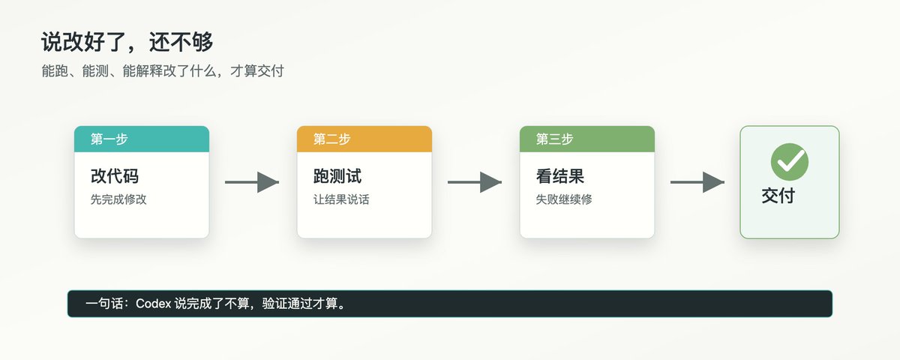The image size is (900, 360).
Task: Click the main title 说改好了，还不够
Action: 127,42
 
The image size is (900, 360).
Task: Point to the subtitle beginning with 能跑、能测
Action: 163,71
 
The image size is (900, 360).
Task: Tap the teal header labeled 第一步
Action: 142,139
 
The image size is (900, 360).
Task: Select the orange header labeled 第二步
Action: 364,139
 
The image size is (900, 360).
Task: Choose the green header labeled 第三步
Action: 587,139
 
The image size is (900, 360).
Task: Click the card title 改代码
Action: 115,176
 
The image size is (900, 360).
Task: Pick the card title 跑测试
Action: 337,176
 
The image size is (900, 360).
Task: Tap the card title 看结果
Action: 560,176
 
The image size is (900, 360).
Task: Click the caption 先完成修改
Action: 118,199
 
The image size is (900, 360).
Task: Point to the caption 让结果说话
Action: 341,199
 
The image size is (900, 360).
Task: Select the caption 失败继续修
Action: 564,199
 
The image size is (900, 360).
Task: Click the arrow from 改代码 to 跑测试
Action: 252,182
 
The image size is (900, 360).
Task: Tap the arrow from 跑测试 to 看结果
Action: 475,182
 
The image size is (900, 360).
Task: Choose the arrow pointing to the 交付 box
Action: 697,182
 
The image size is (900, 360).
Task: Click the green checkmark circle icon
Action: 790,162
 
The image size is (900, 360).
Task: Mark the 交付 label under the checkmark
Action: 778,196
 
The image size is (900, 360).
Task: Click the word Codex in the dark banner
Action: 154,303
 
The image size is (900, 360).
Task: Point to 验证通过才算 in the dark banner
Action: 300,303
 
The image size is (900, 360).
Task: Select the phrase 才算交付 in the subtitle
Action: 257,71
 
